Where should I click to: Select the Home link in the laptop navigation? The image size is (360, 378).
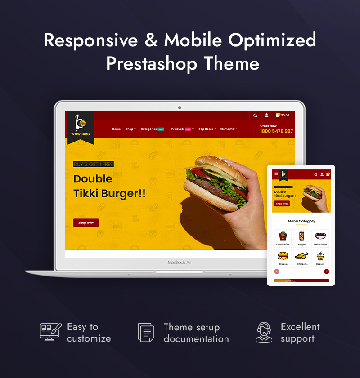tap(116, 129)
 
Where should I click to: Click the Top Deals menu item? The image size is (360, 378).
tap(207, 129)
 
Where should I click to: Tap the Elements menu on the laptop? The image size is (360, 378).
tap(228, 129)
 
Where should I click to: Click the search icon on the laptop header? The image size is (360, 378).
tap(255, 116)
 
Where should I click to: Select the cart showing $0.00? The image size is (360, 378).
tap(283, 116)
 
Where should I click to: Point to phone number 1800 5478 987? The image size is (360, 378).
tap(276, 131)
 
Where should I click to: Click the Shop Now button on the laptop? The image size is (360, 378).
tap(86, 222)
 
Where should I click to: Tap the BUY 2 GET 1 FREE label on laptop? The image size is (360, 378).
tap(94, 165)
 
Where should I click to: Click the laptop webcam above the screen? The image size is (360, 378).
tap(180, 107)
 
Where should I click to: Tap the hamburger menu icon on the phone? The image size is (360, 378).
tap(276, 174)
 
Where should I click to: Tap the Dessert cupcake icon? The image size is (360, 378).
tap(320, 257)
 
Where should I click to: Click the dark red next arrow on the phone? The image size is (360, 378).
tap(327, 271)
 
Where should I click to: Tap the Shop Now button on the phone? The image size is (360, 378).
tap(282, 204)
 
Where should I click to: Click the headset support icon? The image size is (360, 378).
tap(264, 332)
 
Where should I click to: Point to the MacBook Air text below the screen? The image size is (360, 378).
tap(180, 262)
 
